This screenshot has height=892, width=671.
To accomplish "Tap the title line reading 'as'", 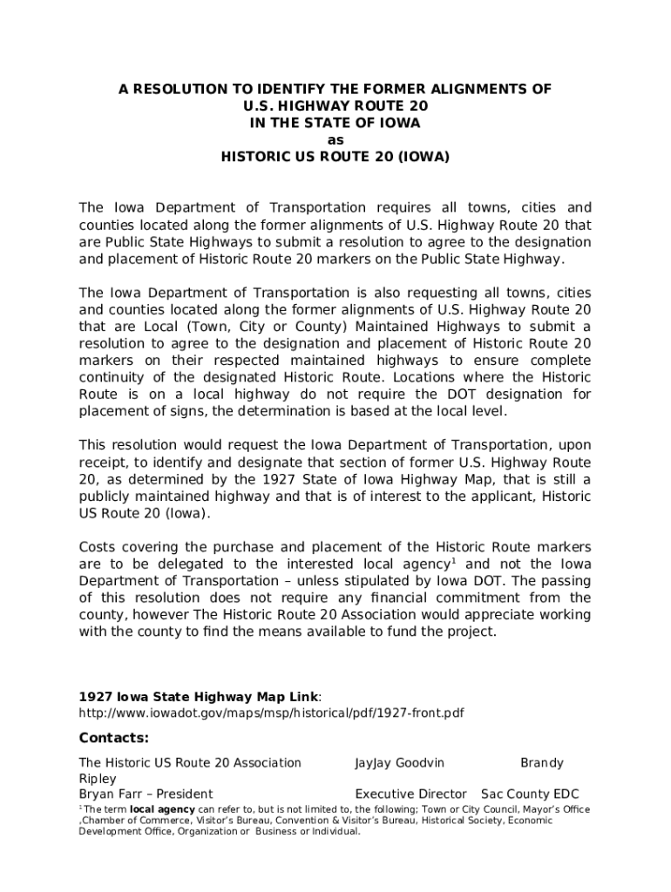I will (335, 139).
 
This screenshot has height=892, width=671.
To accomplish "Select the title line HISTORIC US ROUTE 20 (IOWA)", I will (335, 157).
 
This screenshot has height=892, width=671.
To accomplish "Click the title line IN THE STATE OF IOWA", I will (335, 123).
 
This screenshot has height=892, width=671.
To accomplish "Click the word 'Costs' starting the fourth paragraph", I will (98, 547).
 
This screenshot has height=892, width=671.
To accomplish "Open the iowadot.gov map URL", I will (271, 713).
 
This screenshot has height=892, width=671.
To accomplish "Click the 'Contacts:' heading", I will (114, 738).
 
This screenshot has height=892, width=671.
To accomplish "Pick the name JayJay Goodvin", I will (399, 762).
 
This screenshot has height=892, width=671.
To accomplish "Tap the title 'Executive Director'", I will (411, 794).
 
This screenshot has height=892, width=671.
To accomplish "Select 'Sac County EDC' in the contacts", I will (530, 794).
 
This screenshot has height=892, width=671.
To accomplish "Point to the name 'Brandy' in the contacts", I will (542, 762).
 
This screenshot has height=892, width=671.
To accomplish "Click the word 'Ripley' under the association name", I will (98, 778).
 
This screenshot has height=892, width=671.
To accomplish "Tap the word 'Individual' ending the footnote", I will (332, 831).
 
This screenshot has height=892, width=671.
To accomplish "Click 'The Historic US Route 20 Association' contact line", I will (190, 762).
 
